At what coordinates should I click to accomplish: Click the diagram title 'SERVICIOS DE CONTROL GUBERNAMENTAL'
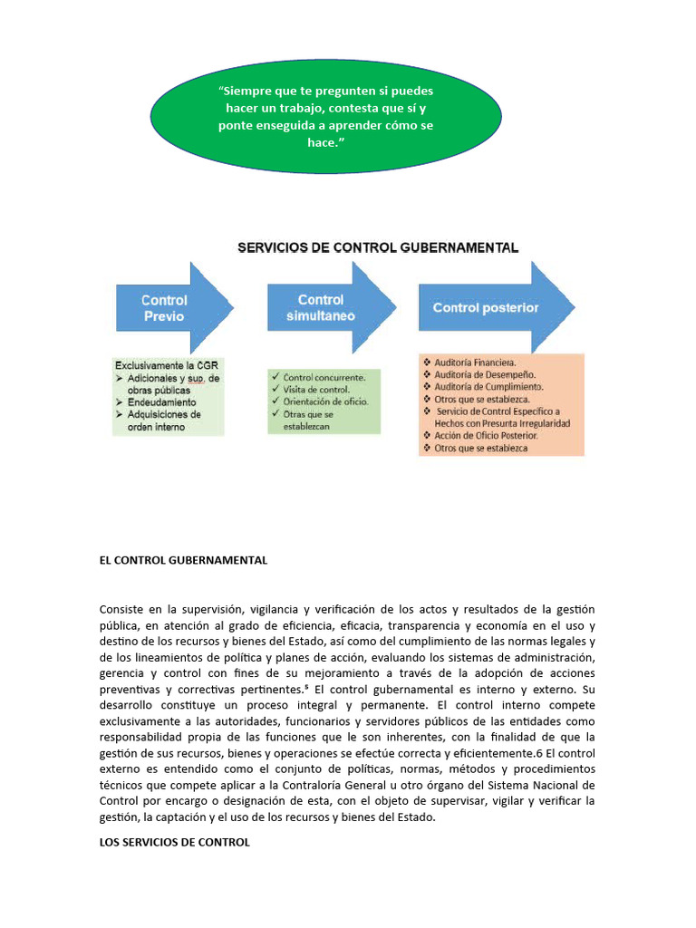378,246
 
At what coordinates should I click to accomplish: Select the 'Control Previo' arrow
168,308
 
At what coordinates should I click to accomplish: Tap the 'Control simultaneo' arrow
326,307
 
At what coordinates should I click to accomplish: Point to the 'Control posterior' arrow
489,307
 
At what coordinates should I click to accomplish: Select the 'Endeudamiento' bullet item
161,401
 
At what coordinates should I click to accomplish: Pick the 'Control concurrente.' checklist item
324,377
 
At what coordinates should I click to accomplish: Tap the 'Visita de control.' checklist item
318,389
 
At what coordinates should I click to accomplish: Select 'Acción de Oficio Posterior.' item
486,435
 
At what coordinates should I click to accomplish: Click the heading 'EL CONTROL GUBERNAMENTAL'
183,560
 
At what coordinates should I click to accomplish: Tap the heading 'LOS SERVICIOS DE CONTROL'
174,842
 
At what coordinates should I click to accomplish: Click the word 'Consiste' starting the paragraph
121,608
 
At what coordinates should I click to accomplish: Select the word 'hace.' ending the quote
325,143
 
